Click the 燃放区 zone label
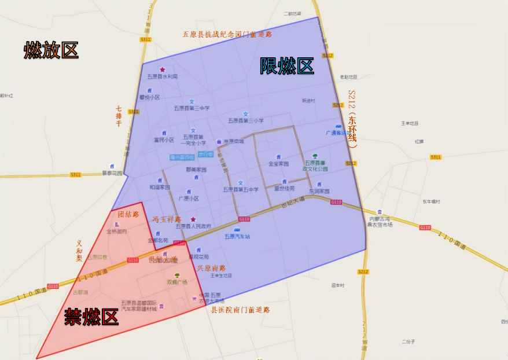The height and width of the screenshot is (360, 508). [51, 50]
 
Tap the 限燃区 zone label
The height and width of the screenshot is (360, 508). [286, 67]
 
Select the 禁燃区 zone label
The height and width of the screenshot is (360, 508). [91, 317]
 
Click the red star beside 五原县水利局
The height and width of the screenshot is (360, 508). [163, 69]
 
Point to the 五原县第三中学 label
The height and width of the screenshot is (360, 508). [192, 108]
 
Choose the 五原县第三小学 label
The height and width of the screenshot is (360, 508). [245, 121]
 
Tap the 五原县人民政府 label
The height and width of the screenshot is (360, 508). [193, 226]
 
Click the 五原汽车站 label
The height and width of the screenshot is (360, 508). [237, 236]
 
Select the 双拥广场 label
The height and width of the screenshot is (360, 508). [177, 282]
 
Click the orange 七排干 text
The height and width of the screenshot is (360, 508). [118, 116]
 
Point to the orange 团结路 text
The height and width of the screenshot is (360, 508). [128, 214]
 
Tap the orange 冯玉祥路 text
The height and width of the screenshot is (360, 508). [167, 219]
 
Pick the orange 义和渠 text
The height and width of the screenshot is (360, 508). [79, 251]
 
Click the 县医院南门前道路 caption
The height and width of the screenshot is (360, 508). [240, 310]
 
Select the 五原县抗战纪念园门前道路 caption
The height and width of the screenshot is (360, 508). [227, 34]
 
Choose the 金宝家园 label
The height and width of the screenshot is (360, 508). [278, 164]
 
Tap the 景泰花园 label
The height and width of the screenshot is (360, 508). [113, 172]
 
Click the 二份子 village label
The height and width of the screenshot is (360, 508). [408, 341]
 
